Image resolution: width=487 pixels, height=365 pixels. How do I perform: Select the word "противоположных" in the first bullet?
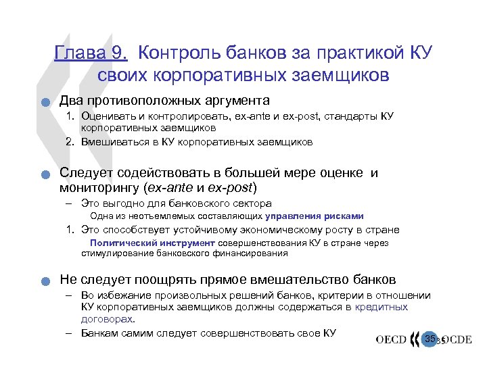point(148,101)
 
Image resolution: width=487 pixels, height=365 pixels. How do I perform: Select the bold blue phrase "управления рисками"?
point(315,216)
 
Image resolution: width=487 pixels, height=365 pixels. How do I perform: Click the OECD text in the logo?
point(392,340)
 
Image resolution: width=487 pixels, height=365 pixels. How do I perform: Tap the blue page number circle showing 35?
point(430,337)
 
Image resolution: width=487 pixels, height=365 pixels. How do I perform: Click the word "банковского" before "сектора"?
point(211,203)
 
